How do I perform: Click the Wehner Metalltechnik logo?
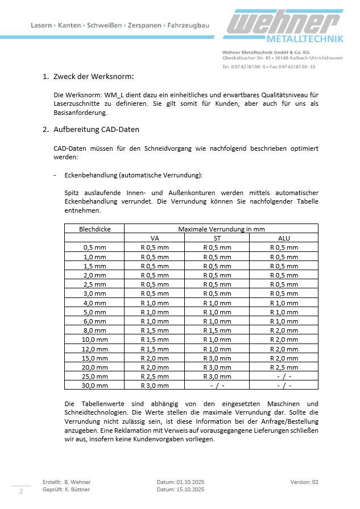(x=285, y=28)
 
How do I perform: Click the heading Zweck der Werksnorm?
(x=93, y=77)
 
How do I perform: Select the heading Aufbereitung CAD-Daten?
(x=96, y=129)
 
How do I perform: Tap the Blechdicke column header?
(x=94, y=229)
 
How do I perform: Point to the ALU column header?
(x=283, y=238)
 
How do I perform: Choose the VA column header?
(x=155, y=238)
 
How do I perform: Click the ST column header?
(x=217, y=238)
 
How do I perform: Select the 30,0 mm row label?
(x=95, y=386)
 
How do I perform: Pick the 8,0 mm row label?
(x=95, y=330)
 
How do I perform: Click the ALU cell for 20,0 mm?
(x=283, y=367)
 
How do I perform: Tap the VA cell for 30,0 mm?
(x=155, y=386)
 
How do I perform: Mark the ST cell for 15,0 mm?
(x=217, y=358)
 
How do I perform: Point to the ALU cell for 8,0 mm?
(x=283, y=330)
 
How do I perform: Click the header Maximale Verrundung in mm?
(x=221, y=229)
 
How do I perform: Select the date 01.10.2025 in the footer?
(x=187, y=482)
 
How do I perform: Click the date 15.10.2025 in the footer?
(x=187, y=489)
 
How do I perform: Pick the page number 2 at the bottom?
(x=21, y=491)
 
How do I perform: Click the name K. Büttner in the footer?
(x=77, y=489)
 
